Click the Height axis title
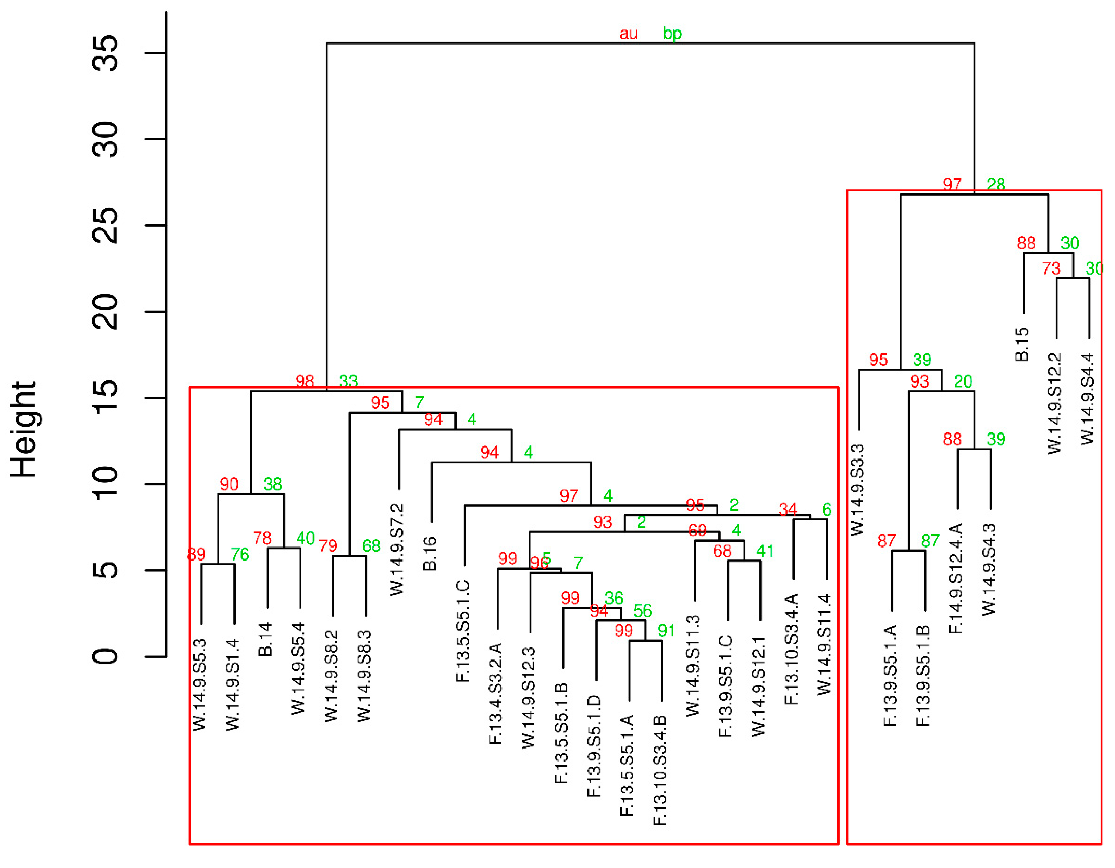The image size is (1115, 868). [23, 430]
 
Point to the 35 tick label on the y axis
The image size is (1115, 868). [106, 53]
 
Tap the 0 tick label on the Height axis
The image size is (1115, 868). [106, 656]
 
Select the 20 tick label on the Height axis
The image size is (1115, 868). [106, 312]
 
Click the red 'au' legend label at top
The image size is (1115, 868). [629, 34]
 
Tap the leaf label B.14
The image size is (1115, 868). [265, 639]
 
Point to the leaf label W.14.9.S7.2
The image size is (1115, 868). [397, 550]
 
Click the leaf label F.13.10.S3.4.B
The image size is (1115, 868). [660, 770]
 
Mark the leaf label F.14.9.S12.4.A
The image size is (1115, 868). [956, 578]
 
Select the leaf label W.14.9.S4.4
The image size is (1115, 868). [1088, 399]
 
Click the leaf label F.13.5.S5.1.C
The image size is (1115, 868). [462, 631]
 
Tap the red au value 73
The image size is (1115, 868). [1051, 268]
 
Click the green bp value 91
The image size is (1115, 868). [666, 631]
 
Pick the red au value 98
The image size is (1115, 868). [305, 381]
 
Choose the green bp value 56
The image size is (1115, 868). [643, 611]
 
